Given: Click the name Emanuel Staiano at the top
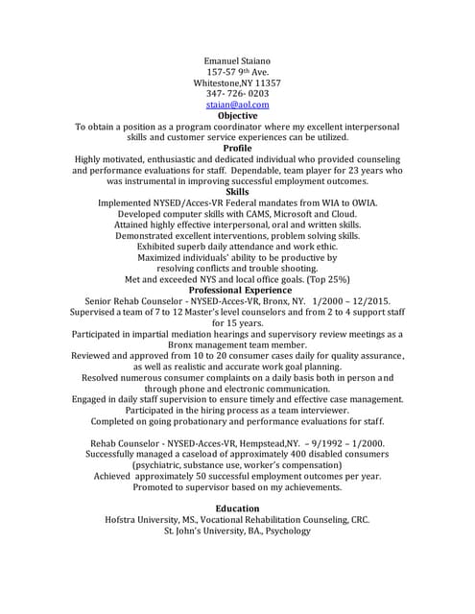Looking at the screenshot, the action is pyautogui.click(x=237, y=59).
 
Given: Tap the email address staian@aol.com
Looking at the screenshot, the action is pyautogui.click(x=237, y=105).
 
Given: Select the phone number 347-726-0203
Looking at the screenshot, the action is pyautogui.click(x=237, y=94).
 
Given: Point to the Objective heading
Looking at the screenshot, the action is pyautogui.click(x=237, y=116).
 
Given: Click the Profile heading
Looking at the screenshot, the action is pyautogui.click(x=237, y=149).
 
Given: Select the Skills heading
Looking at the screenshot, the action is pyautogui.click(x=237, y=192).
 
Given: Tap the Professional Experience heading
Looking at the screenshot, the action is pyautogui.click(x=237, y=290).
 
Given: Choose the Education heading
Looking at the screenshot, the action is pyautogui.click(x=237, y=508).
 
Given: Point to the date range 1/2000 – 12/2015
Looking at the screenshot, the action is pyautogui.click(x=348, y=301).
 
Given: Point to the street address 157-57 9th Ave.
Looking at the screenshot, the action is pyautogui.click(x=237, y=71).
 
